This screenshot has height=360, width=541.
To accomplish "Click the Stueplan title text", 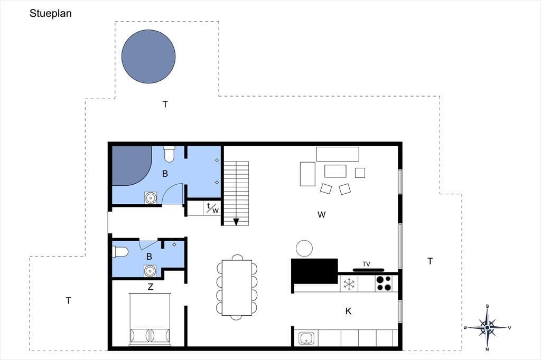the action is click(x=50, y=13).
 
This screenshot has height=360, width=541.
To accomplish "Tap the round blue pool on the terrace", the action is click(x=148, y=56).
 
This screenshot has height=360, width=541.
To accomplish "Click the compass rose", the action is click(x=487, y=327).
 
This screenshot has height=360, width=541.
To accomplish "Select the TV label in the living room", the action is click(x=367, y=264).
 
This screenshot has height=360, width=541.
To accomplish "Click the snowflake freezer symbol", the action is click(x=349, y=284).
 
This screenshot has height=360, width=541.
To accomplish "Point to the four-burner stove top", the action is click(x=384, y=283).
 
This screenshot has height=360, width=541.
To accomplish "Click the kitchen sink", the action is click(x=306, y=338).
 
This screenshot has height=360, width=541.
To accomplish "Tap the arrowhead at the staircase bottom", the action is click(x=236, y=222).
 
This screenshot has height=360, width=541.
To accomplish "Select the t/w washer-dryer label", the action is click(x=212, y=208).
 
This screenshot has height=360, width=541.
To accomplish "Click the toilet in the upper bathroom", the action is click(x=169, y=154).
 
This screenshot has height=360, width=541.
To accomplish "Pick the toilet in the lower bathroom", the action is click(x=121, y=252).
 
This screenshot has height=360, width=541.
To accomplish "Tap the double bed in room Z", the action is click(x=150, y=319).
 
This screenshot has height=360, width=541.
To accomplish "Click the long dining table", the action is click(x=237, y=288).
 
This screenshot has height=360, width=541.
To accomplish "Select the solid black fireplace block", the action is click(x=315, y=271).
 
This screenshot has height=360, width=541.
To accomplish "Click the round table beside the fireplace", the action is click(x=304, y=248).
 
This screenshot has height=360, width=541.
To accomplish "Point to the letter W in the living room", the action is click(x=321, y=215).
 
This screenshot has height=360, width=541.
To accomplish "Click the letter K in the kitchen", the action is click(x=348, y=311).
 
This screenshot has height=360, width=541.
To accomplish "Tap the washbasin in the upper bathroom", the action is click(x=151, y=198).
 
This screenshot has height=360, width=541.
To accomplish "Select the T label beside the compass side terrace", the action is click(x=430, y=261).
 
